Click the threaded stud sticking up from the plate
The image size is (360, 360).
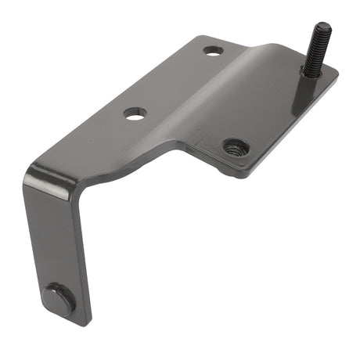pos(317,49)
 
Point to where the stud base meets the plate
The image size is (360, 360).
pos(310,74)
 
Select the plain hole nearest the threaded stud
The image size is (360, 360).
pos(213,51)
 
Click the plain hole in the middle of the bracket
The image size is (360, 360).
pos(135,113)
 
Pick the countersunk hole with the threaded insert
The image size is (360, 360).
pos(235,147)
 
